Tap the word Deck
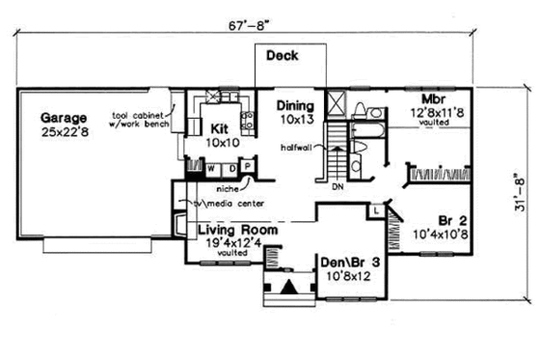pos(283,56)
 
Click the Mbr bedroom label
pos(430,99)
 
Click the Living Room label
pos(238,232)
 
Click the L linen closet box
pos(374,209)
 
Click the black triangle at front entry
pos(288,287)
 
